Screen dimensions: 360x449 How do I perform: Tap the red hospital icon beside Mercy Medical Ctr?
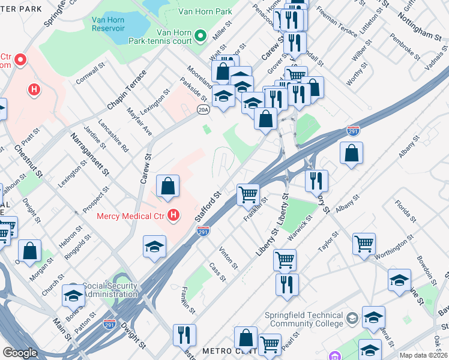[173, 215]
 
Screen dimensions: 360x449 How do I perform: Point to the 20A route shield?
[203, 109]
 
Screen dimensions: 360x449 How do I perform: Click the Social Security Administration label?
[110, 290]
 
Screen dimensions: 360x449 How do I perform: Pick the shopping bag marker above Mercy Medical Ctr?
[168, 187]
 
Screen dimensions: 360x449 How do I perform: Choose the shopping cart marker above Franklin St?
[248, 194]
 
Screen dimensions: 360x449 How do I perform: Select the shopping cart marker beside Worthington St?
[364, 244]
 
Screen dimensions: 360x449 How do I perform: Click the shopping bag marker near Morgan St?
[29, 251]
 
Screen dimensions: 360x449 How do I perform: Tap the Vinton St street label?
[229, 257]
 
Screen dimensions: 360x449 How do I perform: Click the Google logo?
[20, 353]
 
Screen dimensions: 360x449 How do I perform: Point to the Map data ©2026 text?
[424, 355]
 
